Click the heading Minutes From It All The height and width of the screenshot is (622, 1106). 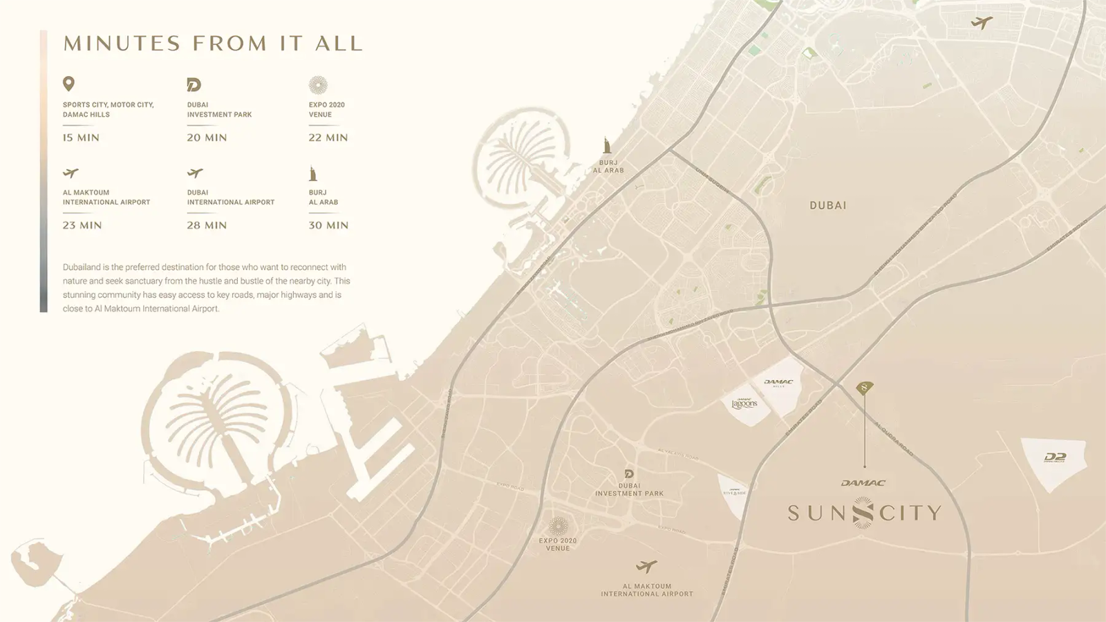(213, 44)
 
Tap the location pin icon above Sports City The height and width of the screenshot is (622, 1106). (68, 84)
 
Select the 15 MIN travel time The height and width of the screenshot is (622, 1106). (81, 138)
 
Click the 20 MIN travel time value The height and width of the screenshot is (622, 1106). (207, 138)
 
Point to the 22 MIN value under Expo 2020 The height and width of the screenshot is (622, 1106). (328, 138)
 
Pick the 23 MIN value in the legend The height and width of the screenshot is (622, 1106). (82, 225)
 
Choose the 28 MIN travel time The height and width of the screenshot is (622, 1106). (207, 225)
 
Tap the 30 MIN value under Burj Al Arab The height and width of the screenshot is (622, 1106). (328, 225)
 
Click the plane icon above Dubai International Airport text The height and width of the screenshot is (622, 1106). (195, 173)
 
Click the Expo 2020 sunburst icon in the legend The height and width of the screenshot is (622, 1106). (318, 85)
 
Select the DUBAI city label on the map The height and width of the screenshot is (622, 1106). (828, 205)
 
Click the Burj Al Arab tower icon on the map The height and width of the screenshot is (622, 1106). (607, 145)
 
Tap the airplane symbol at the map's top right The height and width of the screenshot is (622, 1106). (981, 23)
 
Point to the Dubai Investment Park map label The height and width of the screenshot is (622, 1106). (629, 489)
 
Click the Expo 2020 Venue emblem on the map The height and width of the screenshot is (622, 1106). (558, 527)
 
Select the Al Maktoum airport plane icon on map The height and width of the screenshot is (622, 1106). (646, 567)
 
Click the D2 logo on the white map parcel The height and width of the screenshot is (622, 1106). (1055, 458)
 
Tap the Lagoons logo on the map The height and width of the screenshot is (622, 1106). (744, 404)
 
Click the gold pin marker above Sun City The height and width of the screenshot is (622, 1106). (864, 388)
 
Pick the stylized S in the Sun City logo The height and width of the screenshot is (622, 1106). (863, 513)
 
